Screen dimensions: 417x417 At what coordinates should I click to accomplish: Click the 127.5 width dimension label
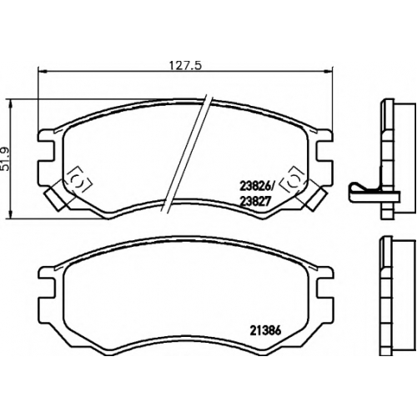click(x=185, y=66)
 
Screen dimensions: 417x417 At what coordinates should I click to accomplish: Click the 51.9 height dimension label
click(x=6, y=159)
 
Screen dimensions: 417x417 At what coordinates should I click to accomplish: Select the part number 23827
click(x=255, y=202)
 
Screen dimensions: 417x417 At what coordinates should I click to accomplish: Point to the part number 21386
click(x=266, y=331)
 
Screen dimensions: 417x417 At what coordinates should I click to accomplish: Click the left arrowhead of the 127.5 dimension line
click(x=41, y=72)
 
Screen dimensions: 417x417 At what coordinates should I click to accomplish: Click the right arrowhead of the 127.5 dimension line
click(x=329, y=72)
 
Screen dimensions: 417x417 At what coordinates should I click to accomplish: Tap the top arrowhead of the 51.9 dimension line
click(x=11, y=104)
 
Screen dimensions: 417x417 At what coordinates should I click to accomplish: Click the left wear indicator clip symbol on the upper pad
click(x=79, y=179)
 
